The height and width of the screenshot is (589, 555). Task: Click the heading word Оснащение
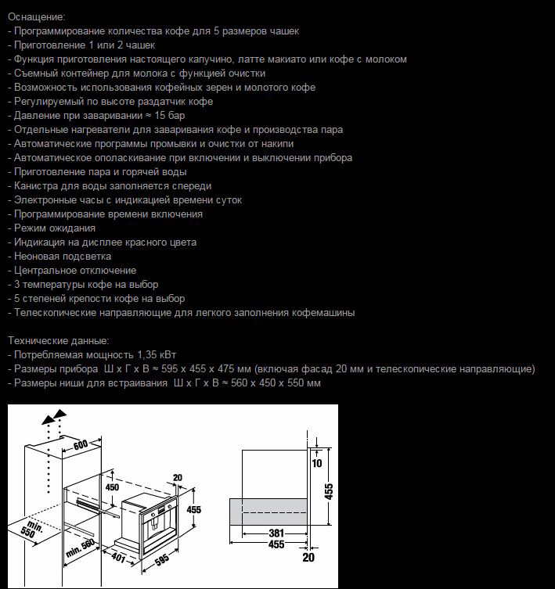[37, 16]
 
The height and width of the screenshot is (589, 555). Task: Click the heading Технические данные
[59, 340]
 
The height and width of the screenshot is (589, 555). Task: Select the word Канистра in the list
[37, 185]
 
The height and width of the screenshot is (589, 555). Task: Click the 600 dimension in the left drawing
[81, 444]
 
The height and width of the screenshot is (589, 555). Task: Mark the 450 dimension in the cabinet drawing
[113, 487]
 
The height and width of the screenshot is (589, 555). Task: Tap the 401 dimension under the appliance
[118, 558]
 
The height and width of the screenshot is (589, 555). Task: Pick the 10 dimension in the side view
[317, 462]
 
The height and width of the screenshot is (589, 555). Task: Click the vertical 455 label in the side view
[329, 490]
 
